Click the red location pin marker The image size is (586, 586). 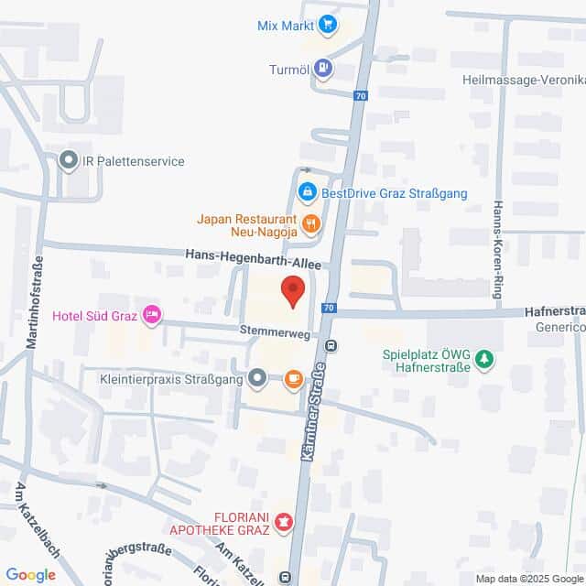tap(293, 291)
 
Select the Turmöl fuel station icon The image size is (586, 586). tap(322, 67)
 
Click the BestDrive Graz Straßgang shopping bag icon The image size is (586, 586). tap(308, 192)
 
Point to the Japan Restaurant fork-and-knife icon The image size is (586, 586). tap(311, 222)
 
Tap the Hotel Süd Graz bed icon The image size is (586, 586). tap(152, 315)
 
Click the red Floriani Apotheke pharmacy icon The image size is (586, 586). tap(284, 523)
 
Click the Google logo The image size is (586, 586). tap(30, 574)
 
